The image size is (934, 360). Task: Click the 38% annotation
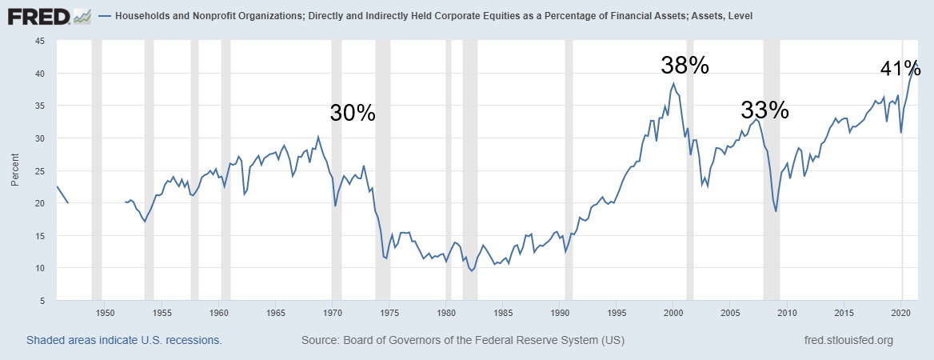(685, 66)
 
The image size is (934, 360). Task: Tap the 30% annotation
(353, 114)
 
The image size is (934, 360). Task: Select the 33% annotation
(764, 110)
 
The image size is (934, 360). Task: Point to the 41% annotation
(901, 70)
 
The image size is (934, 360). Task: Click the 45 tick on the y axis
(39, 41)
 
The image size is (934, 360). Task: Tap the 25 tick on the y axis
(39, 170)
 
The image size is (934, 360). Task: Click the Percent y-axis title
(15, 170)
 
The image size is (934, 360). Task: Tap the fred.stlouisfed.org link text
(848, 341)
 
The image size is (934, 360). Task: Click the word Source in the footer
(321, 341)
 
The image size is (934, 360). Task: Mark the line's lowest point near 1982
(472, 271)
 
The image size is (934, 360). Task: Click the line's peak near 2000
(673, 83)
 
